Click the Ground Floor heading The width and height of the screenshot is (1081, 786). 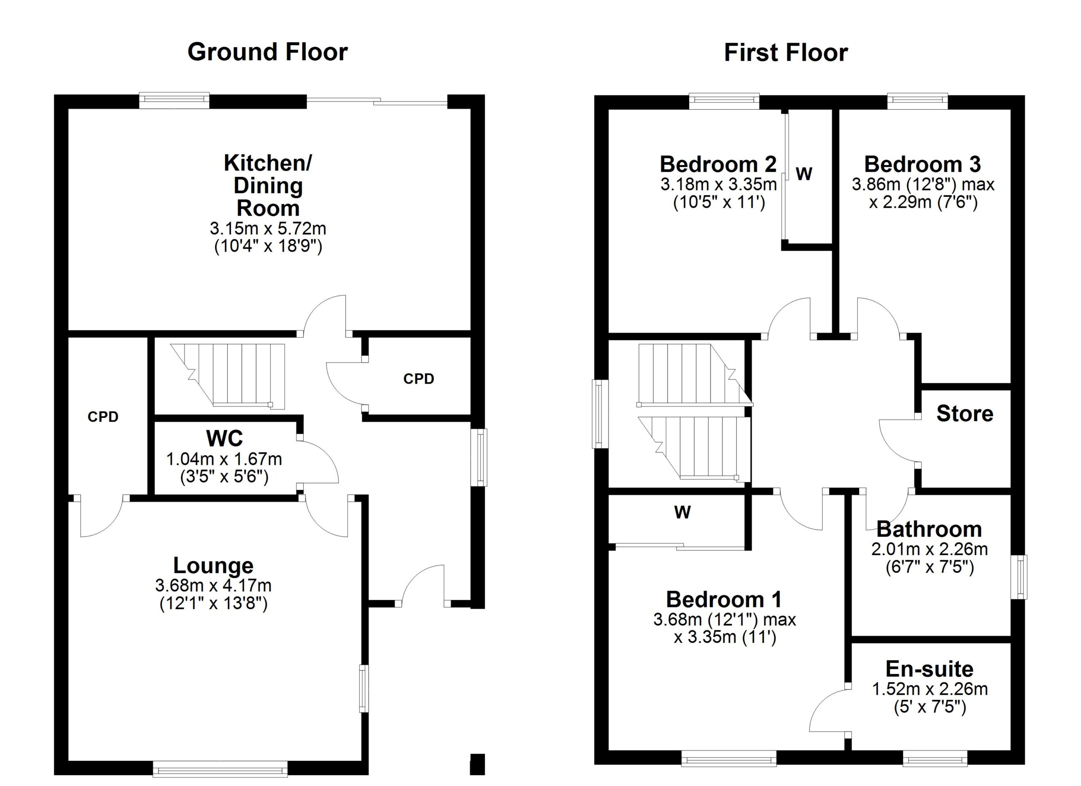[x=267, y=52]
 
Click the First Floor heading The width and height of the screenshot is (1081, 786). [x=785, y=52]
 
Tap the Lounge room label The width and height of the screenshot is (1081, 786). [x=213, y=566]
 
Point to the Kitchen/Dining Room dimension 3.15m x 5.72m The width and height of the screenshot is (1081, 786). [x=268, y=229]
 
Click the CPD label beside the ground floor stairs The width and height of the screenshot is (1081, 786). [x=418, y=379]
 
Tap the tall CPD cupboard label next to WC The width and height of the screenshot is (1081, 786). [x=103, y=417]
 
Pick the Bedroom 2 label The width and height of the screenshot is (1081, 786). [x=718, y=164]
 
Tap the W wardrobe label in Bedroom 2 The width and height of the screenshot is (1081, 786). [x=804, y=174]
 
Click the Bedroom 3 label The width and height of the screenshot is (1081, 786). [x=922, y=164]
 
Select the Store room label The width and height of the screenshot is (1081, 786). [x=965, y=414]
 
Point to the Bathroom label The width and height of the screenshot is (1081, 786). [x=929, y=529]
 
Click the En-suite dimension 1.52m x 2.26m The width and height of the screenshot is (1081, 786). [x=929, y=689]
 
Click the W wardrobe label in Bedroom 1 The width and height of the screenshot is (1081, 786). [x=682, y=512]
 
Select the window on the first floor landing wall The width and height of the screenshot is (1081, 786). [x=600, y=414]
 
